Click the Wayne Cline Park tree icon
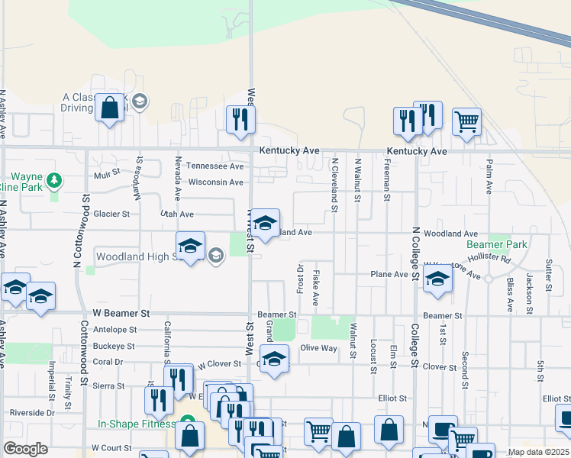point(53,180)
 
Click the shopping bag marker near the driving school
point(110,108)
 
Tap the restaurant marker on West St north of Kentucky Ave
point(241,119)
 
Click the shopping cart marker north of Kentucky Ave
point(466,121)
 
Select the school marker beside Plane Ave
point(437,279)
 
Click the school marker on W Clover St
point(274,358)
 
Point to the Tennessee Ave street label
point(215,166)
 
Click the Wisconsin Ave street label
point(215,182)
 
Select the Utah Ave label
point(176,214)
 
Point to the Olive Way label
point(318,348)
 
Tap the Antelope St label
point(114,330)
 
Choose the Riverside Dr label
point(29,413)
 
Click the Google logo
point(25,449)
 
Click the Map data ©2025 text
point(538,452)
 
